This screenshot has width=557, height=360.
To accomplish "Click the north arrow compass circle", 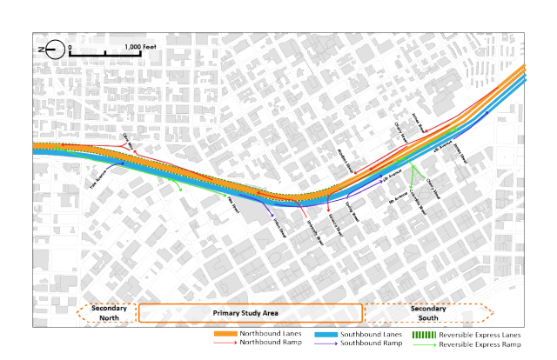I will tap(53, 49).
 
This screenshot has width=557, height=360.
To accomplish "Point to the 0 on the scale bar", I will tap(69, 47).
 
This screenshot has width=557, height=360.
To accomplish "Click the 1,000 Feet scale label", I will tap(144, 47).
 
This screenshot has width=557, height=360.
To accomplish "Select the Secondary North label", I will tap(109, 312).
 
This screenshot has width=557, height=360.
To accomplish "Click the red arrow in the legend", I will tap(225, 343).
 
